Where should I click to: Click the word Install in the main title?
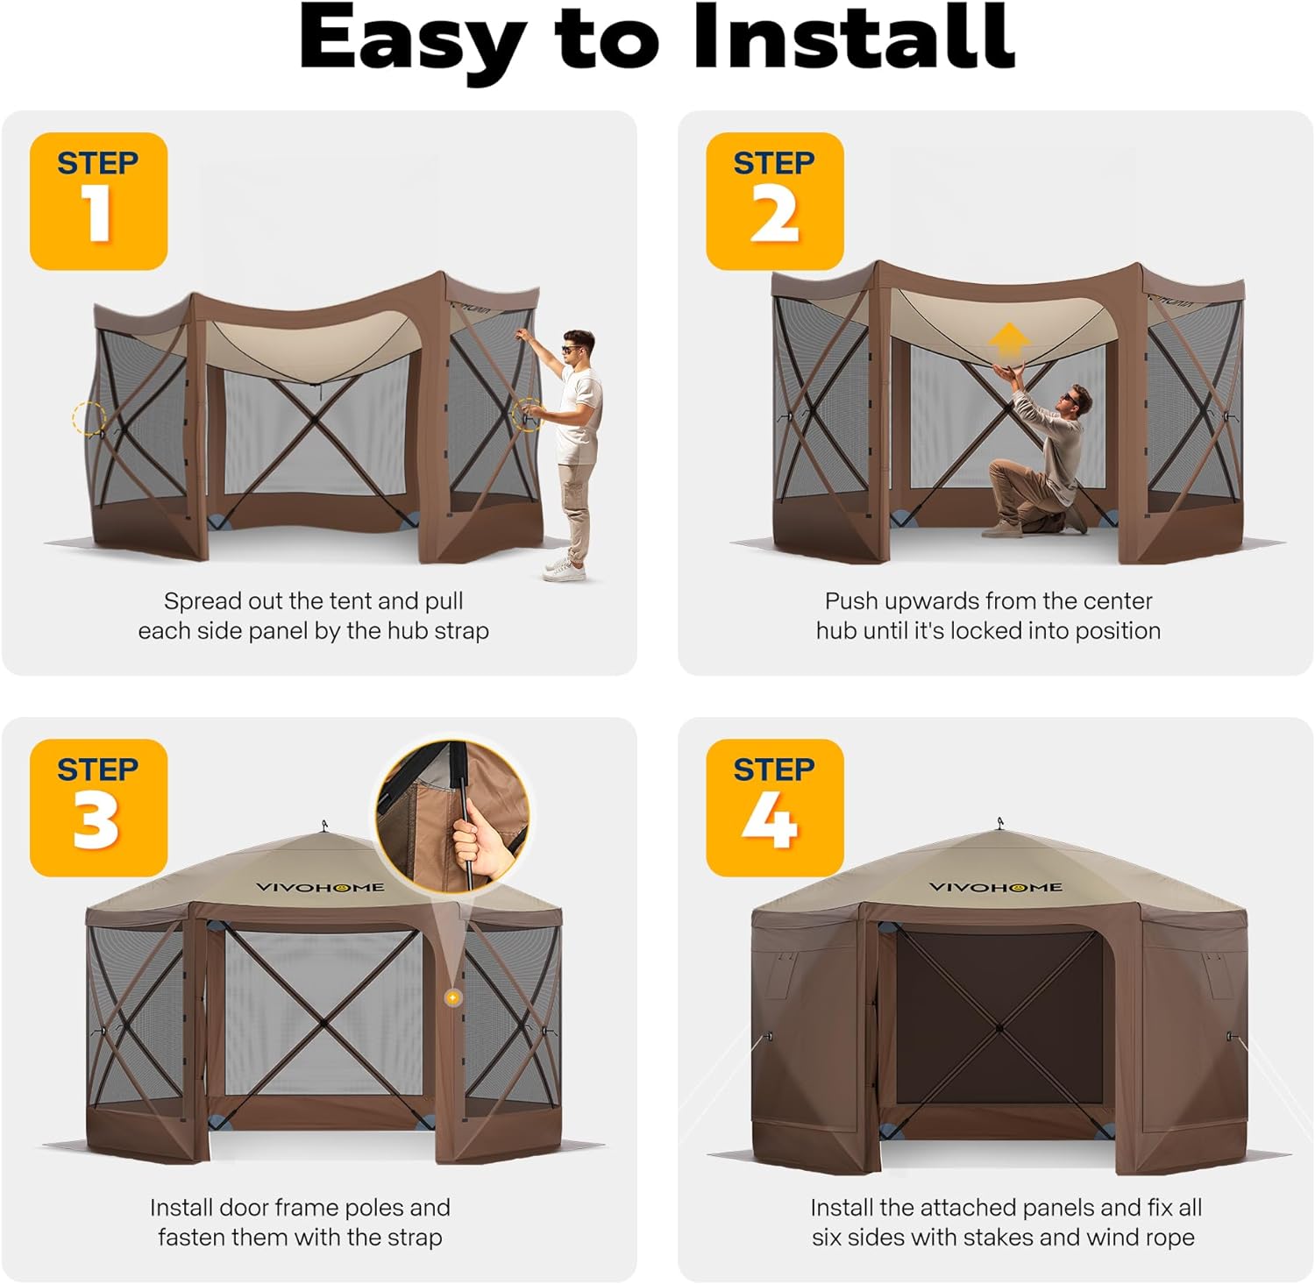tap(854, 39)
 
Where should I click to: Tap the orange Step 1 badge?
tap(98, 202)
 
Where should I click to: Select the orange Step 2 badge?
tap(775, 202)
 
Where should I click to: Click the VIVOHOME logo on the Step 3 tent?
tap(320, 887)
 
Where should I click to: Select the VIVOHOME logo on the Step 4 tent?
tap(996, 887)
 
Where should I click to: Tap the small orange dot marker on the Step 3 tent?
tap(452, 997)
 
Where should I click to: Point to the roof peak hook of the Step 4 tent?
tap(1000, 824)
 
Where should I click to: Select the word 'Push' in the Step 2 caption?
tap(851, 601)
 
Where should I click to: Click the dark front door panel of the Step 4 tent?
tap(999, 1025)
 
